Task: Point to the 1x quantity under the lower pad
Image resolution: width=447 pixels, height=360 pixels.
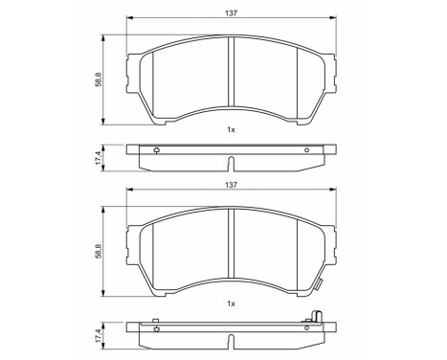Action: (230, 304)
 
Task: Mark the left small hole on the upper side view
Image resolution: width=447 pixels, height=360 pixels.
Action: (156, 149)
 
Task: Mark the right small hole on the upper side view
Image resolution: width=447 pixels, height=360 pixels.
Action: (306, 149)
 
